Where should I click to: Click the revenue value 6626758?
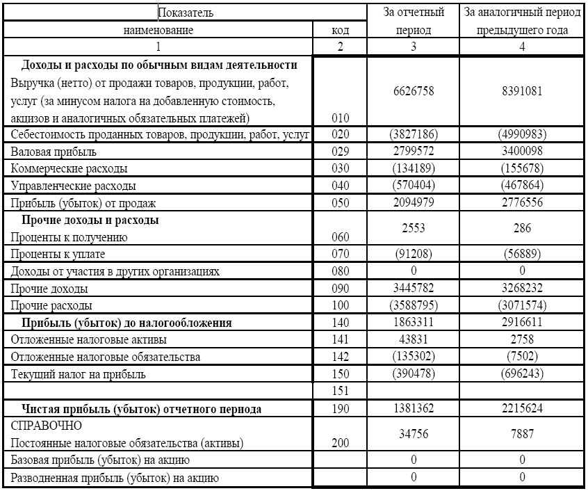click(414, 91)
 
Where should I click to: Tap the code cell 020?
click(341, 134)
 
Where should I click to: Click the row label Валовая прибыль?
click(54, 152)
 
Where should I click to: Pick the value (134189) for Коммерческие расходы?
click(414, 168)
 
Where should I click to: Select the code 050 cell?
click(341, 203)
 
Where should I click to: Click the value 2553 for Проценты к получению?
click(414, 228)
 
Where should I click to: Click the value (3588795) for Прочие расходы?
click(414, 305)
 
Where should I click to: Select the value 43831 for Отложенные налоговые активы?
click(414, 339)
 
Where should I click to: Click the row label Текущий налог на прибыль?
click(79, 374)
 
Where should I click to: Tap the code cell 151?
click(341, 391)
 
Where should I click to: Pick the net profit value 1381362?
click(414, 408)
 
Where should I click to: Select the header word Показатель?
click(186, 13)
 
